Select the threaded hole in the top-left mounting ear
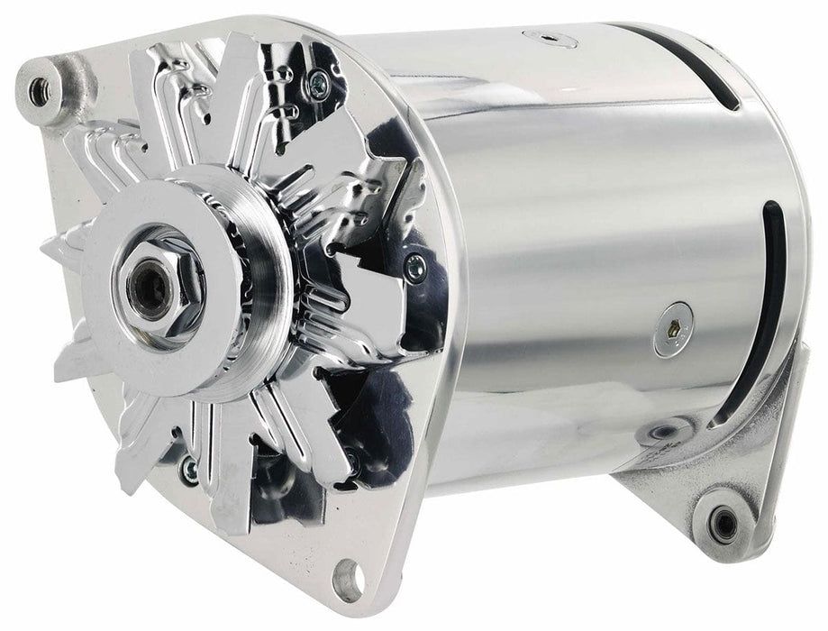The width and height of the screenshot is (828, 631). [39, 87]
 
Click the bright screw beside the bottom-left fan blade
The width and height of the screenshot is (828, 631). [189, 466]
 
